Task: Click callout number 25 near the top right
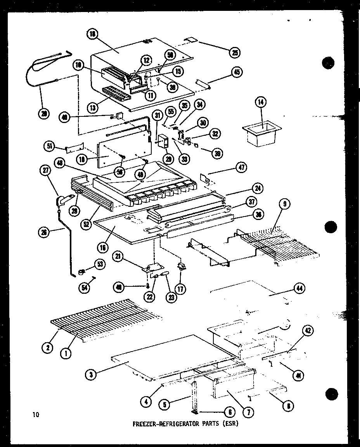(x=234, y=53)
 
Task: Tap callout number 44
(x=299, y=288)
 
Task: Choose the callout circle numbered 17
(x=181, y=289)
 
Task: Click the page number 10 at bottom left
(x=36, y=415)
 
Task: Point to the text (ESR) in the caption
(x=230, y=424)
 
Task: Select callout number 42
(x=308, y=331)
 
